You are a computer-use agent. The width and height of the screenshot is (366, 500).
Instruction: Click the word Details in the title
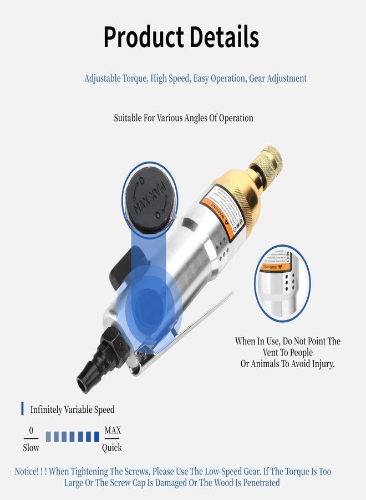click(224, 38)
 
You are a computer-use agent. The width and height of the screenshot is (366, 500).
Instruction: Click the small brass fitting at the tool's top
click(266, 158)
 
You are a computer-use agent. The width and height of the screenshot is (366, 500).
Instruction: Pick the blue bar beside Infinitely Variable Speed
click(23, 409)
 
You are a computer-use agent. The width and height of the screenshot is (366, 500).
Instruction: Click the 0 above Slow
click(31, 431)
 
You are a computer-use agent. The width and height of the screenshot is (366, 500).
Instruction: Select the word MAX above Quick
click(113, 431)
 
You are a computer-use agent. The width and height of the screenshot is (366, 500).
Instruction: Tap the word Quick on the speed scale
click(112, 448)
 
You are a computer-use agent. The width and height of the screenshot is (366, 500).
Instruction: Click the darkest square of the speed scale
click(96, 437)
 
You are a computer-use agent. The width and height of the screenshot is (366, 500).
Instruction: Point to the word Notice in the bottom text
click(27, 472)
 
